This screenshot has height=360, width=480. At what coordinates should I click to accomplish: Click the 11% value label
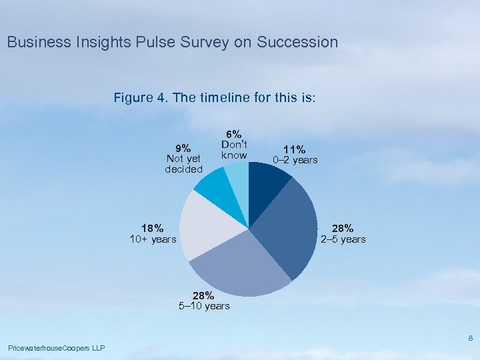[294, 150]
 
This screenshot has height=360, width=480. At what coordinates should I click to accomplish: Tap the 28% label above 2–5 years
[343, 229]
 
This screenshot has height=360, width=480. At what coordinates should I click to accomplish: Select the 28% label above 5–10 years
[203, 295]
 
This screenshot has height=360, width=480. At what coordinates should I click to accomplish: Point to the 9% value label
[183, 148]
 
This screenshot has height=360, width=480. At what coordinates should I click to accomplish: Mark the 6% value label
[234, 134]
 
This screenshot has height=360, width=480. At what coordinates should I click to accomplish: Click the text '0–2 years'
[295, 161]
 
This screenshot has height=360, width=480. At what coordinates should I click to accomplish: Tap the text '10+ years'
[153, 239]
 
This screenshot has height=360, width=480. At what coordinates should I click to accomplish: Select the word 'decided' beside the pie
[183, 169]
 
